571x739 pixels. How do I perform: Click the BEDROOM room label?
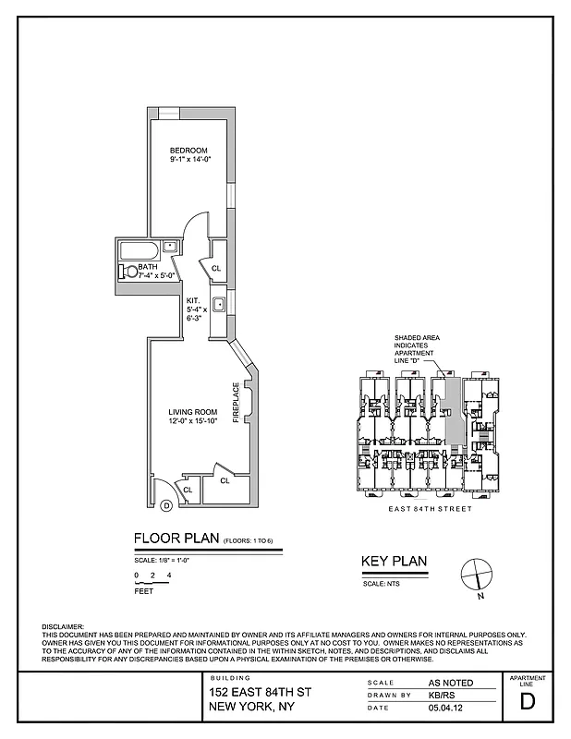click(188, 151)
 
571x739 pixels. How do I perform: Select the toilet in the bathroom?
click(125, 272)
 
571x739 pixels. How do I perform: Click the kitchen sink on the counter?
click(220, 306)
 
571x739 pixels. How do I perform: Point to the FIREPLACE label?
click(236, 403)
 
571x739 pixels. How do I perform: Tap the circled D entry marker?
click(165, 505)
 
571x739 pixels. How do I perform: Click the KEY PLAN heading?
click(393, 563)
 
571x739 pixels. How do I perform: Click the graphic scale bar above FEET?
click(152, 583)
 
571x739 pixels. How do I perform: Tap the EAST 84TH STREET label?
click(428, 509)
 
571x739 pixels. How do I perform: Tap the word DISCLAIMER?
click(63, 627)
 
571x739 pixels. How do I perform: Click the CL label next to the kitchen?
click(216, 269)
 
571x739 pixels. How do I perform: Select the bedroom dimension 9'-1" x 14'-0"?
click(189, 161)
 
